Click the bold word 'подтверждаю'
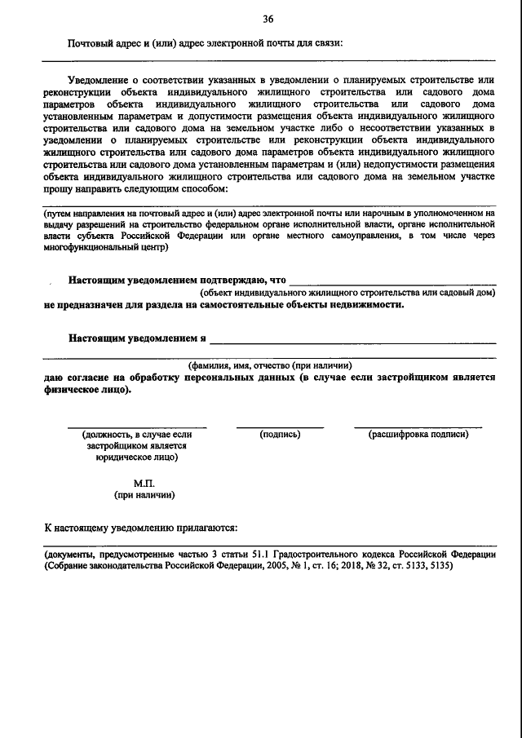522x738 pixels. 220,279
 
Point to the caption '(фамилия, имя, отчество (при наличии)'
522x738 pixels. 270,365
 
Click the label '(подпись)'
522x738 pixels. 280,435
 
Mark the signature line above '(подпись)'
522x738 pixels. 280,426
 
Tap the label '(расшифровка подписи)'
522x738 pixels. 418,435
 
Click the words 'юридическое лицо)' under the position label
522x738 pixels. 136,457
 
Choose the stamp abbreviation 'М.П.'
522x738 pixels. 144,483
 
